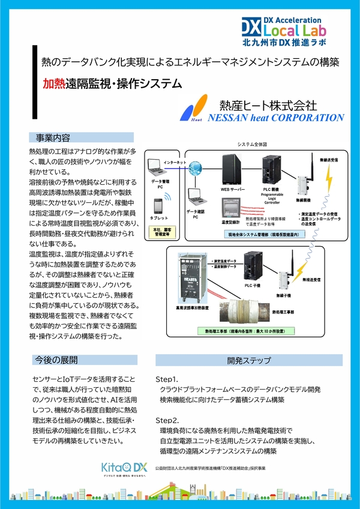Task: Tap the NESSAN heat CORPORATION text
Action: (276, 118)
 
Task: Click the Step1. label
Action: (167, 380)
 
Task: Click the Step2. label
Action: (167, 420)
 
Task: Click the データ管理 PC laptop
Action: (158, 166)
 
